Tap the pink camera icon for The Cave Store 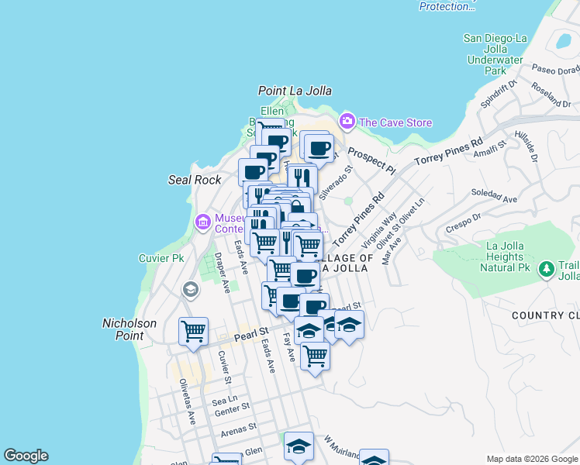(347, 121)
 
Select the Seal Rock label (195, 180)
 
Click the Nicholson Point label (129, 329)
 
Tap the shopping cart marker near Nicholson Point (193, 331)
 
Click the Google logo (26, 456)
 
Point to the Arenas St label (238, 429)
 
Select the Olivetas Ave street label (187, 402)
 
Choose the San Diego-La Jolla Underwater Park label (495, 53)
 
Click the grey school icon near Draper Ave (190, 291)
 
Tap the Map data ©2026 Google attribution (531, 459)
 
